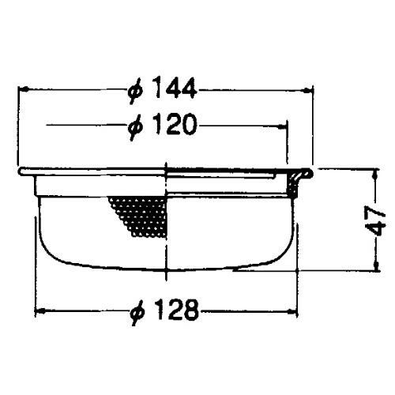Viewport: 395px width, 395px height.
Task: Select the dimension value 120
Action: point(175,124)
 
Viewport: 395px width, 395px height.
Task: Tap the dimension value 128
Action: point(176,309)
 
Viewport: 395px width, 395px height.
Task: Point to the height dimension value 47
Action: point(376,220)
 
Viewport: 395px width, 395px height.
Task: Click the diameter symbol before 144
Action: point(136,91)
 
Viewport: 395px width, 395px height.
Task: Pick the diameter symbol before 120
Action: point(136,127)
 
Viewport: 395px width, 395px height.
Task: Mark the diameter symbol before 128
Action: point(138,313)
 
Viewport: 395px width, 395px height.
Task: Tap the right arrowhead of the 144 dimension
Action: point(307,90)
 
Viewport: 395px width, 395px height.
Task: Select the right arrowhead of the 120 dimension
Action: point(282,127)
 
